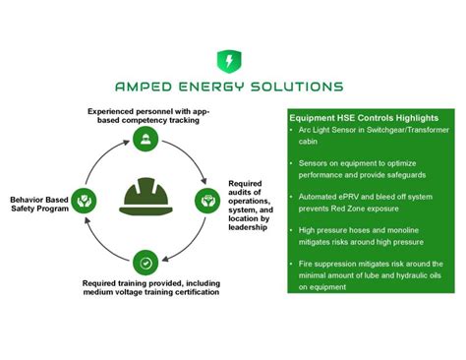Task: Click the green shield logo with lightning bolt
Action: click(x=228, y=61)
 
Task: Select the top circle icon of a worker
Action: click(x=146, y=136)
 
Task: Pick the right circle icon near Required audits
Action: click(x=207, y=200)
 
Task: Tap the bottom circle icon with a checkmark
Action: click(x=146, y=263)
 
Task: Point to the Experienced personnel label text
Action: click(x=147, y=114)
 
